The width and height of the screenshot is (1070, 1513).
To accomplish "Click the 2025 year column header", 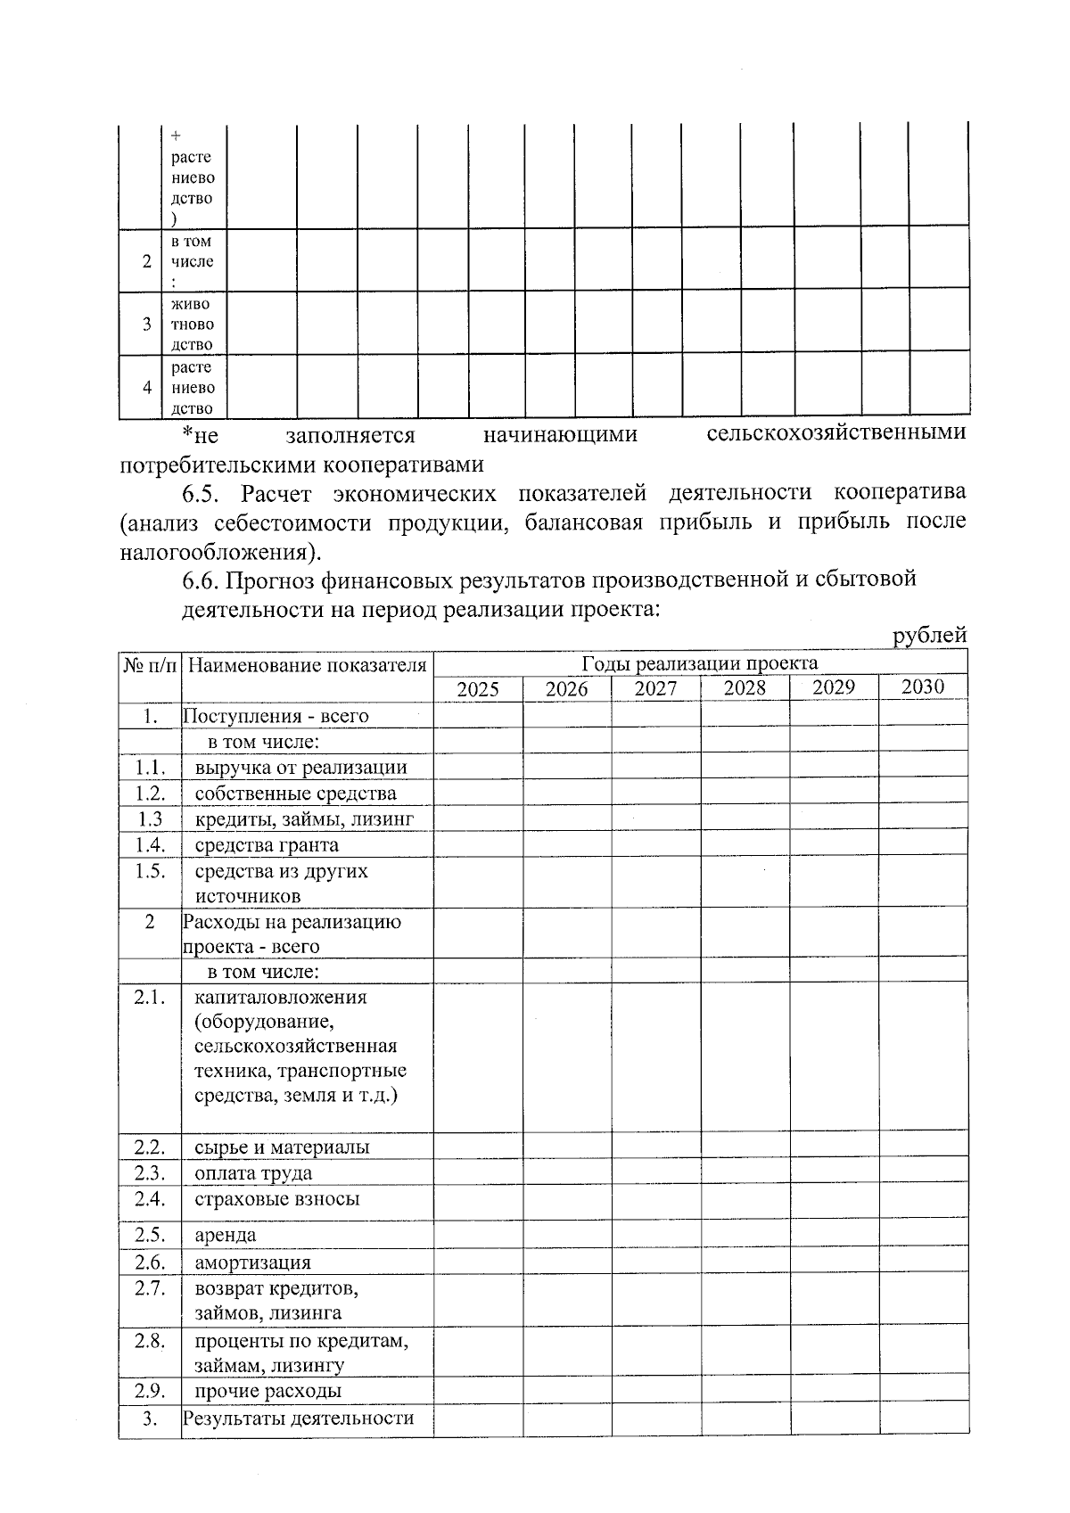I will coord(478,689).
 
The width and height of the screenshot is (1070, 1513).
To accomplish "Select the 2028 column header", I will coord(745,687).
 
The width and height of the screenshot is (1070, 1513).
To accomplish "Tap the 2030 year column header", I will coord(922,687).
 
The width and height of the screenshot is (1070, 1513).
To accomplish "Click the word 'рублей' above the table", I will coord(930,636).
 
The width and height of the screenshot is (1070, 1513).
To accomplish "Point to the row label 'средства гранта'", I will coord(267,844).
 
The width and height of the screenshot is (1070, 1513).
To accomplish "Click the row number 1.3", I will coord(150,818).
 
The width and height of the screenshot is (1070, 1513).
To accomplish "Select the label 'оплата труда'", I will coord(253,1173).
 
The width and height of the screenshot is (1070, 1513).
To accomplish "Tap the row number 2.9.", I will coord(150,1391).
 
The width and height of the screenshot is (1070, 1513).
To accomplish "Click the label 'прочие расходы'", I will coord(267,1391).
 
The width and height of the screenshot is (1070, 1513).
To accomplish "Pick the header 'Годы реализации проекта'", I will coord(700,663).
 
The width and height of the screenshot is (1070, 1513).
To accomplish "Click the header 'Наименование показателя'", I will coord(308,665).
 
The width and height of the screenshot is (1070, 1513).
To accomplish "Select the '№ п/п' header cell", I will coord(150,665).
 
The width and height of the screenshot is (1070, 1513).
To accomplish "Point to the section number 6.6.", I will coord(202,580).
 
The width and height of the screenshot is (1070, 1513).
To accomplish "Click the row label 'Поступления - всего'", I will coord(276,716).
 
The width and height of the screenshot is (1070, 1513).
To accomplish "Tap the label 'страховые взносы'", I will coord(277,1199).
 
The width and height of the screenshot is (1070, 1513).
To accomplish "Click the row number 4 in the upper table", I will coord(146,388).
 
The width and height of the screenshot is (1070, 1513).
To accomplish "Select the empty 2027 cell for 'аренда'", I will coord(655,1235).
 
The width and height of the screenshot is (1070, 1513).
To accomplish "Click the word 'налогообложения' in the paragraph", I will coord(218,551).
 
